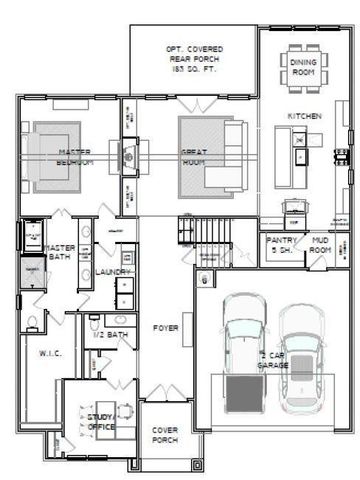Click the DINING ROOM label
coord(304,67)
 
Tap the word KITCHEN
coord(304,117)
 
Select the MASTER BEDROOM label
coord(48,157)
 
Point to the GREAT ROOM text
coord(194,157)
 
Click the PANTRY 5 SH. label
coord(278,245)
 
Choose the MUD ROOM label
coord(320,245)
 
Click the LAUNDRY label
coord(110,271)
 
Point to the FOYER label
coord(165,328)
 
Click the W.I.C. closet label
coord(50,353)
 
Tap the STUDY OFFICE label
coord(101,421)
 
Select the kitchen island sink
coord(299,141)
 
